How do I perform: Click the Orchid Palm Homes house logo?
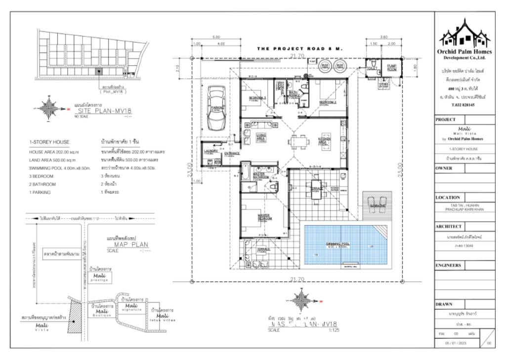point(464,33)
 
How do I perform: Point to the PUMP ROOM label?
point(391,68)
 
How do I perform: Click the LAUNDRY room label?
point(211,151)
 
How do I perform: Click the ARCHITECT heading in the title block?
point(449,226)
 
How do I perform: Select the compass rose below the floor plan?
point(300,298)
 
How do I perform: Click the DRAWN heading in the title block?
point(444,304)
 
